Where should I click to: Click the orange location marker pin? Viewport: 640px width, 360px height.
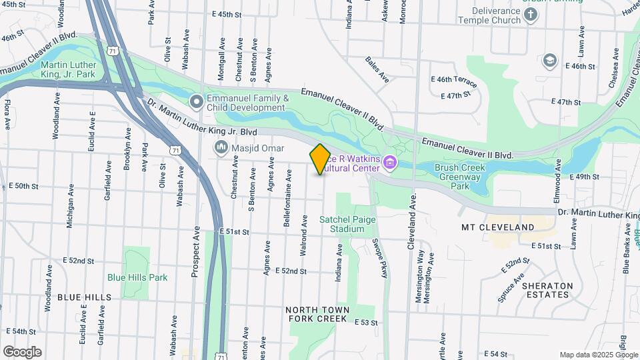pyautogui.click(x=320, y=159)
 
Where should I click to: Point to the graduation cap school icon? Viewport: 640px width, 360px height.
pyautogui.click(x=549, y=61)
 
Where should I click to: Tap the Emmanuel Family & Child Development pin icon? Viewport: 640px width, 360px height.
pyautogui.click(x=197, y=102)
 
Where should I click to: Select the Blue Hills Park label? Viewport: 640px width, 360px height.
pyautogui.click(x=138, y=277)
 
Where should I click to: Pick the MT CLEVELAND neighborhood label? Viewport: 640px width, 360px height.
pyautogui.click(x=498, y=227)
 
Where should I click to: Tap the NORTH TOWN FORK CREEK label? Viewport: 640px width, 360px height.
pyautogui.click(x=317, y=314)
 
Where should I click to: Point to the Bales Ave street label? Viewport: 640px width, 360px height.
pyautogui.click(x=377, y=70)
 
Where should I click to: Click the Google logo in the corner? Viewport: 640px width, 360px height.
pyautogui.click(x=22, y=352)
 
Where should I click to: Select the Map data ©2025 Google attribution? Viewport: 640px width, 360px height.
pyautogui.click(x=599, y=355)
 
